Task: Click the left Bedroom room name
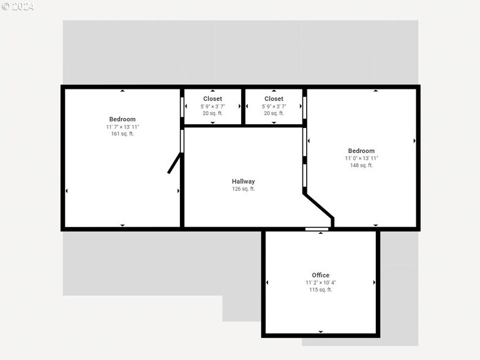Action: pyautogui.click(x=122, y=119)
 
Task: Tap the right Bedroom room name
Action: pyautogui.click(x=361, y=151)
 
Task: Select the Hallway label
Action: pyautogui.click(x=243, y=181)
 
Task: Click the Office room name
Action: pyautogui.click(x=320, y=276)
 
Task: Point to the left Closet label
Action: pyautogui.click(x=212, y=99)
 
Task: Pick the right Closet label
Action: pyautogui.click(x=274, y=99)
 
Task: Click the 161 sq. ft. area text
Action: pyautogui.click(x=122, y=134)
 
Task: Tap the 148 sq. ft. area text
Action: pyautogui.click(x=361, y=165)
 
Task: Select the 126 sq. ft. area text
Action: pyautogui.click(x=243, y=189)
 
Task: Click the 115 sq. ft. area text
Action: pyautogui.click(x=320, y=290)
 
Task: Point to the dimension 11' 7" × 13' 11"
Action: pyautogui.click(x=122, y=127)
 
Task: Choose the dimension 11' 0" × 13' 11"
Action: pyautogui.click(x=361, y=158)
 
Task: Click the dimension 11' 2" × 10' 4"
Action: pyautogui.click(x=320, y=283)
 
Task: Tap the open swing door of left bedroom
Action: pyautogui.click(x=174, y=163)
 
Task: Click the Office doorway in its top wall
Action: pyautogui.click(x=317, y=229)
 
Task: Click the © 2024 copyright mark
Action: pyautogui.click(x=18, y=7)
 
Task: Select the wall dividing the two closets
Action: pyautogui.click(x=243, y=107)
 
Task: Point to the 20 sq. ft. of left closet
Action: pyautogui.click(x=212, y=113)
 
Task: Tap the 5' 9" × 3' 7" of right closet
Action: pyautogui.click(x=274, y=106)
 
